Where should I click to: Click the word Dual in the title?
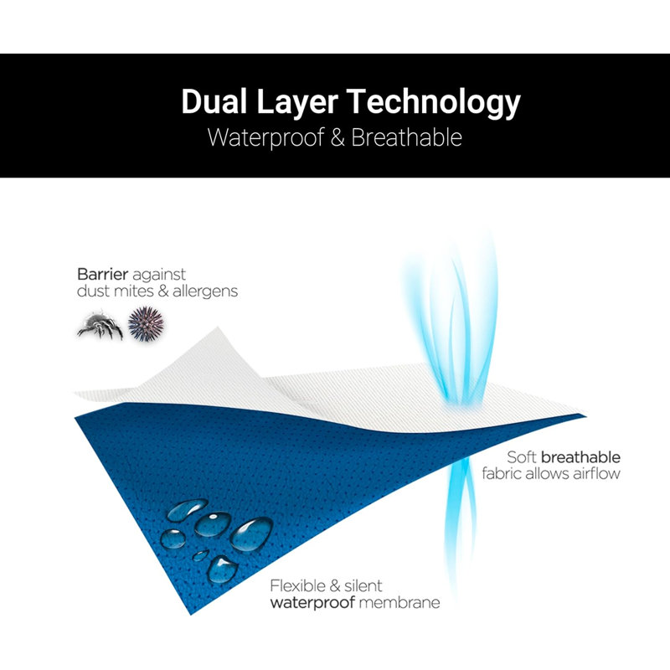214,101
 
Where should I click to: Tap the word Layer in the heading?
297,103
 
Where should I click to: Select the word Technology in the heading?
433,103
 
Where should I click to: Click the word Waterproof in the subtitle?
265,137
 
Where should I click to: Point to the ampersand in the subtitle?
338,137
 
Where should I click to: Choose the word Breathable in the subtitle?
406,137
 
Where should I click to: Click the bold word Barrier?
102,274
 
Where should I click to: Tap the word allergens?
205,291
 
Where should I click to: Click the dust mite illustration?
100,325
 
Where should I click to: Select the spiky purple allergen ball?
146,324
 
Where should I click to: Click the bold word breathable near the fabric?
580,457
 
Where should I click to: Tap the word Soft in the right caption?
522,457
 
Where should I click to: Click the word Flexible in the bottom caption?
298,585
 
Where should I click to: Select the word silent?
363,585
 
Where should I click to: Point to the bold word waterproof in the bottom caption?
312,603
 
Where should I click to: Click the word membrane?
399,602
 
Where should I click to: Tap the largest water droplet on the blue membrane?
252,533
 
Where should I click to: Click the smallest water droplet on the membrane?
200,555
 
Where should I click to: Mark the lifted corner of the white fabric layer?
218,328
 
